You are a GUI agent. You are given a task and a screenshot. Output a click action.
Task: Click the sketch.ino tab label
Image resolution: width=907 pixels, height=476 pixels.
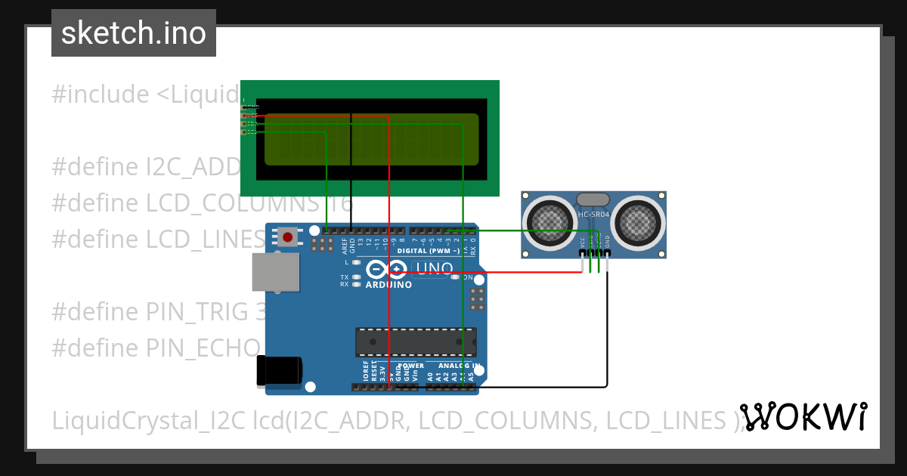pyautogui.click(x=133, y=33)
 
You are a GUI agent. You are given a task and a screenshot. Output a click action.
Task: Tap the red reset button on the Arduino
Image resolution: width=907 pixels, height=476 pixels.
pyautogui.click(x=287, y=237)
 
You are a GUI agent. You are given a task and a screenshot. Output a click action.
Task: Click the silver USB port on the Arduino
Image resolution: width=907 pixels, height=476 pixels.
pyautogui.click(x=275, y=272)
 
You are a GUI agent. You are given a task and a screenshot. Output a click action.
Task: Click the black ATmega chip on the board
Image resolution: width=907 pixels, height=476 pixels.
pyautogui.click(x=416, y=342)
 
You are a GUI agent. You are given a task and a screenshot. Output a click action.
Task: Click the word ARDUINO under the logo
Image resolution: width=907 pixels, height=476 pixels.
pyautogui.click(x=388, y=285)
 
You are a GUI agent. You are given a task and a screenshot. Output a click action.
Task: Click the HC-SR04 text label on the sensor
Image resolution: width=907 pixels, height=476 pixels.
pyautogui.click(x=593, y=214)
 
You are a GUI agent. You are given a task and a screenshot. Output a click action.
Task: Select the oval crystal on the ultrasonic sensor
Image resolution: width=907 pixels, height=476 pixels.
pyautogui.click(x=593, y=199)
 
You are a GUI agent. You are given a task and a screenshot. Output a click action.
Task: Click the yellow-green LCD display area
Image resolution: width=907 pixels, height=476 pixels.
pyautogui.click(x=371, y=139)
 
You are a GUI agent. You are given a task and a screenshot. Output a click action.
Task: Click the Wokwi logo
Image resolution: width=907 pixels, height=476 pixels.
pyautogui.click(x=803, y=417)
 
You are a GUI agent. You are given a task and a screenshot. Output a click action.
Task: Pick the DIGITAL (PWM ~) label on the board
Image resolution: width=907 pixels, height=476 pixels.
pyautogui.click(x=428, y=250)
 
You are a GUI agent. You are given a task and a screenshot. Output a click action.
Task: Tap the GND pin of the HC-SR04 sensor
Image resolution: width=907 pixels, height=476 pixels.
pyautogui.click(x=607, y=255)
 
